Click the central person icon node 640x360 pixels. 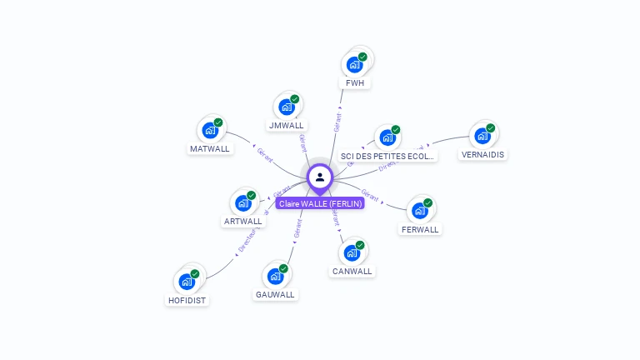[320, 177]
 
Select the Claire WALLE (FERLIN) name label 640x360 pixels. [320, 203]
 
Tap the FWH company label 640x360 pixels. [356, 83]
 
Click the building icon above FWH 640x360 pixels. [355, 64]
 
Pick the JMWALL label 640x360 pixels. [287, 125]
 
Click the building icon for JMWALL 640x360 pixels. [287, 107]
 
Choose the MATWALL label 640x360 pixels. [209, 149]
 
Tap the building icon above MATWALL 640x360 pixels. [210, 131]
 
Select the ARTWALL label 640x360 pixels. [243, 222]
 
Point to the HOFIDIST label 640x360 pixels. [187, 300]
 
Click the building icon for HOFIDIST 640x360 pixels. [187, 282]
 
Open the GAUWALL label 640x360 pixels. [276, 294]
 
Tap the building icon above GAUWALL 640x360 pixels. [275, 276]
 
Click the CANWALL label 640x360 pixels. [352, 271]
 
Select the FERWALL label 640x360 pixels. [420, 229]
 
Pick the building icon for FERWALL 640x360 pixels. [420, 210]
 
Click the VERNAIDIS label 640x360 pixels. [483, 154]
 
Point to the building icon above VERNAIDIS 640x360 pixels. [482, 136]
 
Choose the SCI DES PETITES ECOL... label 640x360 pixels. [387, 156]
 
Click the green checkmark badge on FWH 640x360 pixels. [362, 57]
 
